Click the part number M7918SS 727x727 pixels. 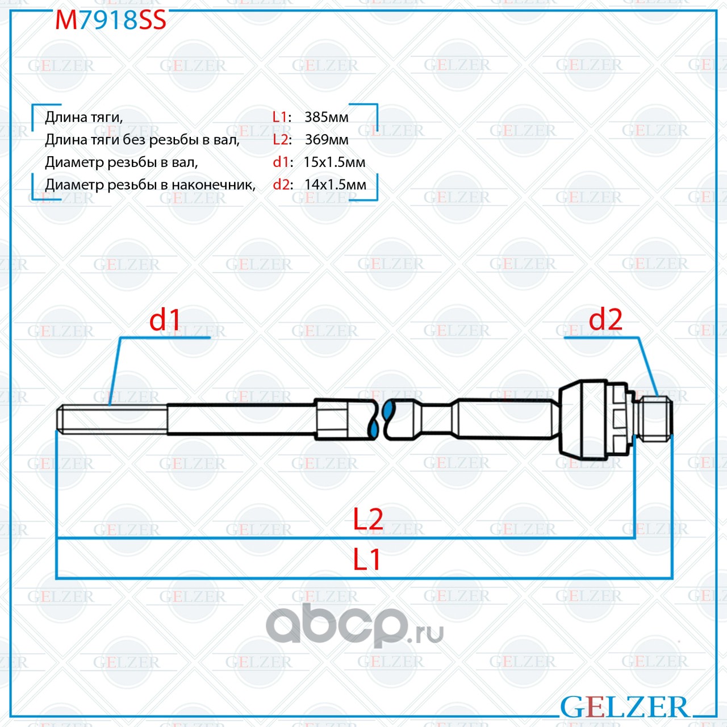pyautogui.click(x=111, y=20)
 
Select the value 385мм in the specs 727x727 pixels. pyautogui.click(x=327, y=118)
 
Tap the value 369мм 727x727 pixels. pyautogui.click(x=327, y=140)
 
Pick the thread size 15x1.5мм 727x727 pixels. pyautogui.click(x=335, y=162)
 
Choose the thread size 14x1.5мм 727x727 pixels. pyautogui.click(x=335, y=185)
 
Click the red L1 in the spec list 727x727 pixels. pyautogui.click(x=279, y=118)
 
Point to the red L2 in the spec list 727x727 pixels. pyautogui.click(x=281, y=140)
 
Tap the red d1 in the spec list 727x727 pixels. pyautogui.click(x=281, y=162)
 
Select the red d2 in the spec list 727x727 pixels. pyautogui.click(x=281, y=185)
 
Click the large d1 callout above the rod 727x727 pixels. pyautogui.click(x=165, y=320)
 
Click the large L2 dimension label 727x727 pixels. pyautogui.click(x=368, y=520)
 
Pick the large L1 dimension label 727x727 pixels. pyautogui.click(x=366, y=560)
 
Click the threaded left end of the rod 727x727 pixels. pyautogui.click(x=112, y=419)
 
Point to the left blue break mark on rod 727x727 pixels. pyautogui.click(x=374, y=420)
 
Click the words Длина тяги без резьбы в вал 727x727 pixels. pyautogui.click(x=142, y=140)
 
